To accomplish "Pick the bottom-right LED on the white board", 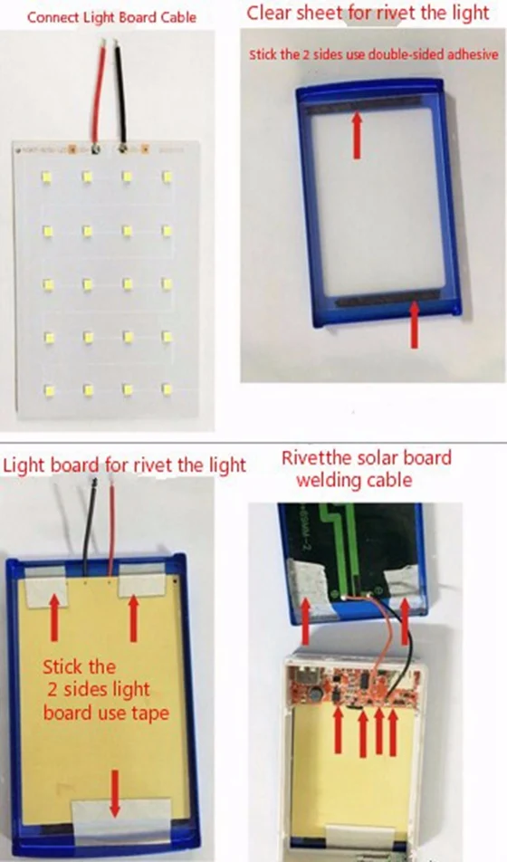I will tap(167, 388).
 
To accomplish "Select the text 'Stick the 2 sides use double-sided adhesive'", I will tap(374, 55).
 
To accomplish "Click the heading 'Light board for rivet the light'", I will tap(124, 465).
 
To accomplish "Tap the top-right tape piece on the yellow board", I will tap(140, 579).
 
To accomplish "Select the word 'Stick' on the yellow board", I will tap(64, 667).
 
